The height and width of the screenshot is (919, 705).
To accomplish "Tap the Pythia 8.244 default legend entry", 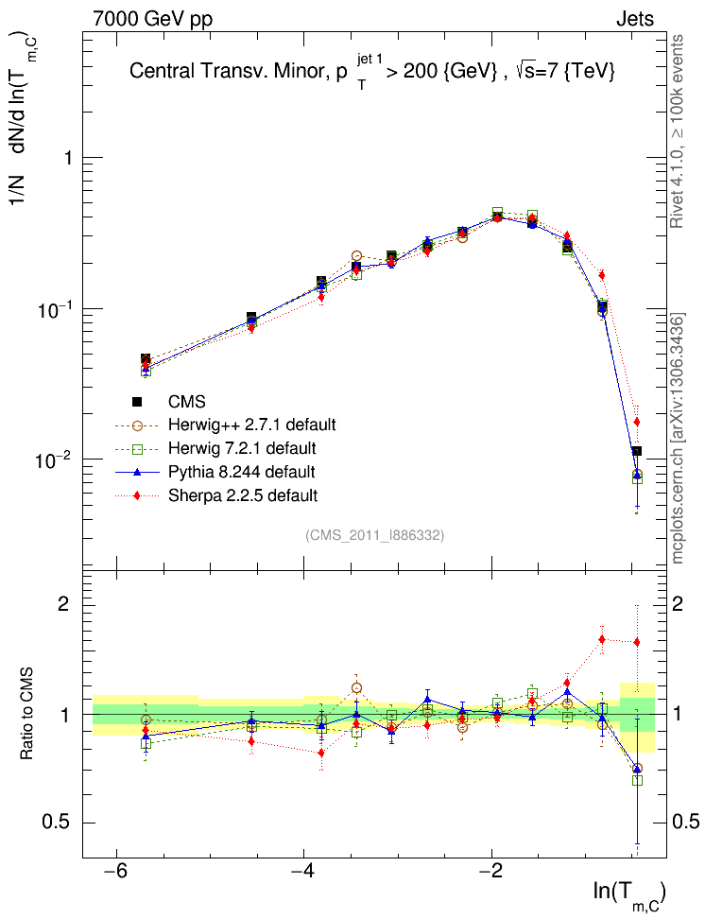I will [x=241, y=471].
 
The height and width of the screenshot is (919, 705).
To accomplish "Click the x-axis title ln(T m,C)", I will [x=628, y=893].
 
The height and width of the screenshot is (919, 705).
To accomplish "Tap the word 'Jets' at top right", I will [x=634, y=17].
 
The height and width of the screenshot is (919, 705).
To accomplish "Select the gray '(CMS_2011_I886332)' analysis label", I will [x=374, y=535].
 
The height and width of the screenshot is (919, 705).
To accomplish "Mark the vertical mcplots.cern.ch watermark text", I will [x=678, y=440].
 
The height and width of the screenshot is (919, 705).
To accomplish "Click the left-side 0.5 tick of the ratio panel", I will [x=60, y=823].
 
